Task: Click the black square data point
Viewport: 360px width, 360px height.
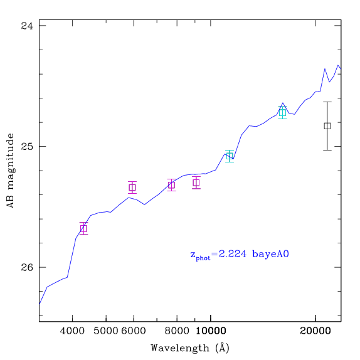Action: (x=327, y=126)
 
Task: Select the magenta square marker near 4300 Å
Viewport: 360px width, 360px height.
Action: (x=84, y=229)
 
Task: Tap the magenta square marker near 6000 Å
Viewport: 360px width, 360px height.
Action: (x=132, y=188)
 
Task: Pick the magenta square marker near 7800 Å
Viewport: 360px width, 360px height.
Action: (x=171, y=185)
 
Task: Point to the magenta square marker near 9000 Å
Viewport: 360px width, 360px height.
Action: (x=196, y=183)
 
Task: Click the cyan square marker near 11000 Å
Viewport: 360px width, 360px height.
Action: (x=230, y=156)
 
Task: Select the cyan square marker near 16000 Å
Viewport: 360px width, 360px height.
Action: (x=282, y=113)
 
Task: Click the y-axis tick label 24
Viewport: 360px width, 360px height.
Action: (x=27, y=26)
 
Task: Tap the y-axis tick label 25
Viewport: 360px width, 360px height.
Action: (x=27, y=146)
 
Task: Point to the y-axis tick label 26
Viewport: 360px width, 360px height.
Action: (x=27, y=267)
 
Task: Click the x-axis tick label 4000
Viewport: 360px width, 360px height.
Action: (x=72, y=331)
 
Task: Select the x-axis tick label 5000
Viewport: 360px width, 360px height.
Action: (x=106, y=331)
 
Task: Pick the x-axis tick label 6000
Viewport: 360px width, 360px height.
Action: (x=134, y=331)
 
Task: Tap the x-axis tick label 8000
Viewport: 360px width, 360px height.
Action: (x=177, y=331)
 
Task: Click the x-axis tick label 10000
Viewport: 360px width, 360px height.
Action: (x=211, y=331)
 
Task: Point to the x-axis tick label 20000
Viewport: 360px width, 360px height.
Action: (x=315, y=331)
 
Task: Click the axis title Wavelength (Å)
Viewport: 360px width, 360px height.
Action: (x=190, y=347)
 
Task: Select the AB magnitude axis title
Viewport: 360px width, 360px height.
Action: (x=11, y=171)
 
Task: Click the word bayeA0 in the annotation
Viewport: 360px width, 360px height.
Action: (x=270, y=254)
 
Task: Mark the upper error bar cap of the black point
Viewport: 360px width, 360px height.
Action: (x=327, y=102)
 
